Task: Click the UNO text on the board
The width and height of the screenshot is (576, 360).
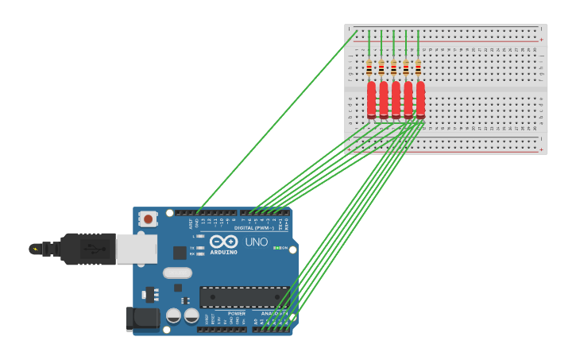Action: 257,242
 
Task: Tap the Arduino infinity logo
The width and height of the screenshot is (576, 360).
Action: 224,242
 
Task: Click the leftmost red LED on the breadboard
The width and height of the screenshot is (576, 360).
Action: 371,99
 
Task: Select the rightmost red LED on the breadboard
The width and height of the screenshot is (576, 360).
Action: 420,99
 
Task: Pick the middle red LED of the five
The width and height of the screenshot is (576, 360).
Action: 396,99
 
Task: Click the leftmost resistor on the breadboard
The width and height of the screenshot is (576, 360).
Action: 369,68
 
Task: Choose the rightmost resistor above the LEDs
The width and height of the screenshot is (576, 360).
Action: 418,68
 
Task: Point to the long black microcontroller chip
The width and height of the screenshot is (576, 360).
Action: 244,297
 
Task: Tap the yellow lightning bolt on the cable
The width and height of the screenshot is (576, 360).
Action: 35,249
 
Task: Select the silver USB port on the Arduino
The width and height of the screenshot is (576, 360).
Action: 136,249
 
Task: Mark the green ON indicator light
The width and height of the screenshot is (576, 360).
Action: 275,248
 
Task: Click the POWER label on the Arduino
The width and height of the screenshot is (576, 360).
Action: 237,313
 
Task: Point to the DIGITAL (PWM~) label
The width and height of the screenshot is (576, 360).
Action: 255,228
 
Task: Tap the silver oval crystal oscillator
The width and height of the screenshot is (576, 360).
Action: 178,273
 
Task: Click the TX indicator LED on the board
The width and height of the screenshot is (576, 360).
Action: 199,248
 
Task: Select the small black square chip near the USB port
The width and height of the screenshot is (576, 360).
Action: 180,253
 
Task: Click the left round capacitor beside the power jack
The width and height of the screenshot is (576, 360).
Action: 173,315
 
